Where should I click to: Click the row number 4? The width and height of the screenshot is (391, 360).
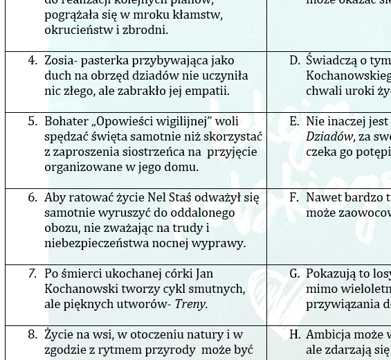click(x=32, y=61)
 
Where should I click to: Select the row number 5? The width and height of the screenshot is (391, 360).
click(x=32, y=122)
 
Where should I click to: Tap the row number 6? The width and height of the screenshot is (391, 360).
click(x=32, y=198)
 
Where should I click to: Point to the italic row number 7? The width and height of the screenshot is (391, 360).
click(x=32, y=274)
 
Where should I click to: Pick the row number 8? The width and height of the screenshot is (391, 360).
click(x=32, y=335)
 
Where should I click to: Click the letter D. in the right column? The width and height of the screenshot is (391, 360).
click(x=295, y=61)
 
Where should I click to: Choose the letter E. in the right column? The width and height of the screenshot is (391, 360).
click(x=295, y=122)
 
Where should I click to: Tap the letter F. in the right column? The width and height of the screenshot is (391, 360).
click(x=295, y=198)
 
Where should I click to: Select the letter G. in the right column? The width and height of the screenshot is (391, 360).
click(x=295, y=274)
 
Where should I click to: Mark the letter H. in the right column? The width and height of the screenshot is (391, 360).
click(x=295, y=335)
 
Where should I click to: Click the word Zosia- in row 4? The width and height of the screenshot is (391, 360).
click(x=62, y=61)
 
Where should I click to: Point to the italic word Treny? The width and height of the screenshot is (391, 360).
click(x=191, y=305)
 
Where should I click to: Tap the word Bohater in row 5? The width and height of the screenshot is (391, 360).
click(x=67, y=122)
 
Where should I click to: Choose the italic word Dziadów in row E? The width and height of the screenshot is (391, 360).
click(x=329, y=137)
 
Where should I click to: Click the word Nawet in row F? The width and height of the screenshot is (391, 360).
click(x=325, y=198)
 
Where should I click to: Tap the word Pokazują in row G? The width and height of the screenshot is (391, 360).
click(x=332, y=274)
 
